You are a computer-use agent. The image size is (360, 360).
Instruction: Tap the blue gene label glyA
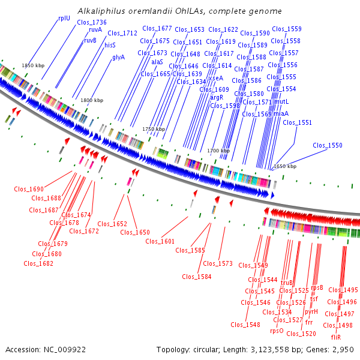pyautogui.click(x=118, y=57)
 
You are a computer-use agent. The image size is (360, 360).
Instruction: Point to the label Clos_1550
pyautogui.click(x=327, y=145)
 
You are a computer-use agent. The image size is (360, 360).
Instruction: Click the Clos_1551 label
pyautogui.click(x=297, y=122)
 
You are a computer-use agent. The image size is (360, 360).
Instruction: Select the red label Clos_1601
pyautogui.click(x=160, y=241)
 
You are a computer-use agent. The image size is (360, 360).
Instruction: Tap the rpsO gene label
pyautogui.click(x=277, y=331)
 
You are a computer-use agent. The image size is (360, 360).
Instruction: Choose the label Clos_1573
pyautogui.click(x=217, y=263)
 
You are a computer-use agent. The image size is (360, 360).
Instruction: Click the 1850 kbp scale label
pyautogui.click(x=33, y=65)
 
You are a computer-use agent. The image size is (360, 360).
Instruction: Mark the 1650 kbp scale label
pyautogui.click(x=285, y=166)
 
